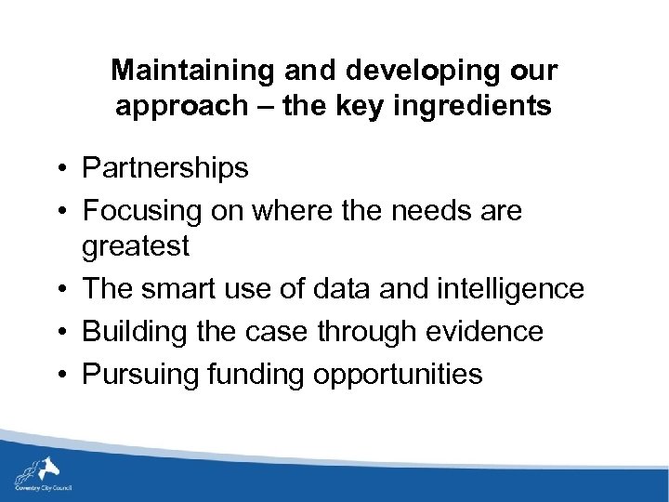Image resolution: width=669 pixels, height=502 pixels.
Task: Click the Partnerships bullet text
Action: pos(165,168)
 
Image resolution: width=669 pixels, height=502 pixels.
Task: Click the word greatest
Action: pos(136,246)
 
